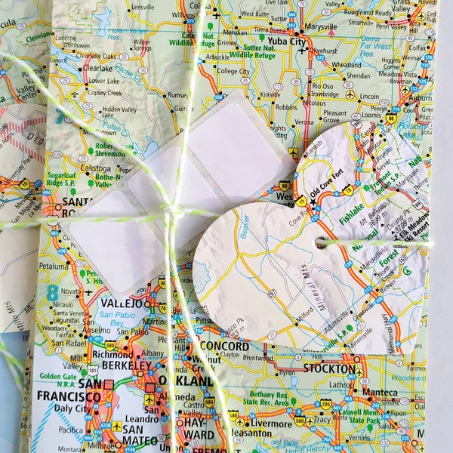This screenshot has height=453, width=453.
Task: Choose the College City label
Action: (x=234, y=70)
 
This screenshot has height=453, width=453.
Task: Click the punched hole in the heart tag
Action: (x=322, y=242)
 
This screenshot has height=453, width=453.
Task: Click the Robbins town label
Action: (x=286, y=108)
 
